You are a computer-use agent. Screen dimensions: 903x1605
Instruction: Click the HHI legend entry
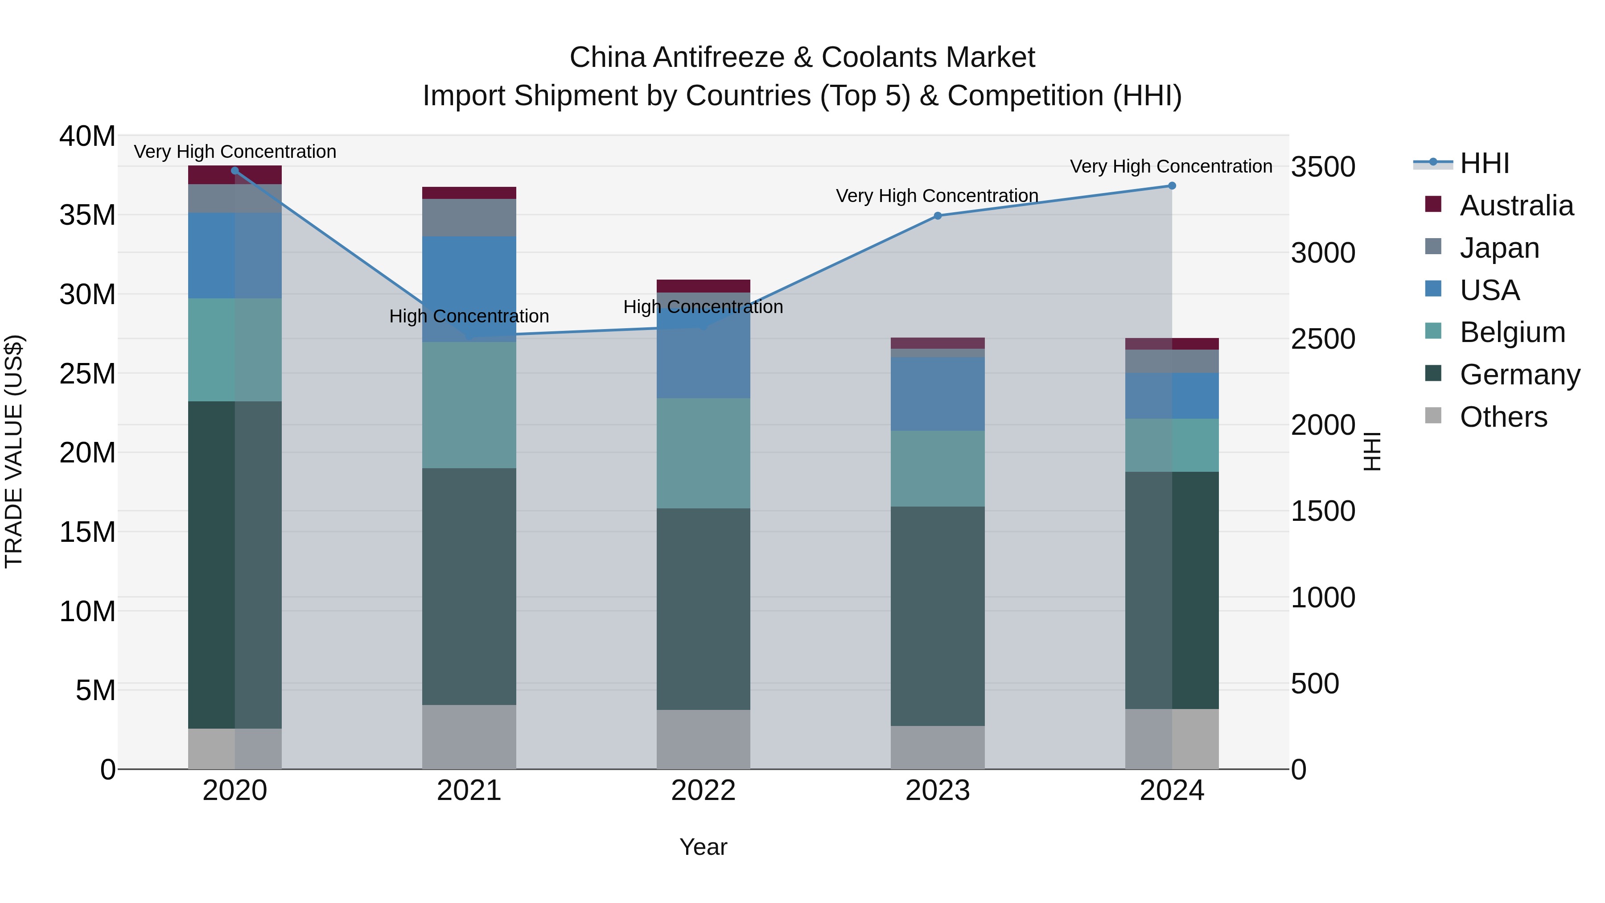pyautogui.click(x=1484, y=163)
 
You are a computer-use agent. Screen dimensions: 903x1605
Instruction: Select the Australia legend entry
pyautogui.click(x=1516, y=206)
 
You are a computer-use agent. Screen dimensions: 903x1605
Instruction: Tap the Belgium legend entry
pyautogui.click(x=1512, y=332)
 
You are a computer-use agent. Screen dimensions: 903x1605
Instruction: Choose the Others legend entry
pyautogui.click(x=1503, y=417)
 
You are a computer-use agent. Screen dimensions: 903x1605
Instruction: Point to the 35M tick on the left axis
pyautogui.click(x=87, y=215)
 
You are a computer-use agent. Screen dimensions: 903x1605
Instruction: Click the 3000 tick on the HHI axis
pyautogui.click(x=1323, y=253)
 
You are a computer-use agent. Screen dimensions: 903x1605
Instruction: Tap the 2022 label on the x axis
pyautogui.click(x=703, y=791)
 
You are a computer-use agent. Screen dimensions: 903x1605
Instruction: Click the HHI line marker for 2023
pyautogui.click(x=938, y=216)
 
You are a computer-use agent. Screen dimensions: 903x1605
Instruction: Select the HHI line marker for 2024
pyautogui.click(x=1171, y=186)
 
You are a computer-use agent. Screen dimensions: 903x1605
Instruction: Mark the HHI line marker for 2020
pyautogui.click(x=235, y=171)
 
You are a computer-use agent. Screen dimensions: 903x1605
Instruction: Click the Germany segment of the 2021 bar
pyautogui.click(x=469, y=586)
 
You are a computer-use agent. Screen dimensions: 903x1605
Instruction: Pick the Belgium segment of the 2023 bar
pyautogui.click(x=938, y=469)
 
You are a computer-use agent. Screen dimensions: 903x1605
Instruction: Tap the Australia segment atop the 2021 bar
pyautogui.click(x=469, y=193)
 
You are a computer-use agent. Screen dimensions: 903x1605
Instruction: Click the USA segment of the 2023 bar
pyautogui.click(x=938, y=394)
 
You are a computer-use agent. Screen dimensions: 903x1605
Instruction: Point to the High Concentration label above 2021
pyautogui.click(x=469, y=316)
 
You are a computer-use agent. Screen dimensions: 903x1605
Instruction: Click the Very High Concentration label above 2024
pyautogui.click(x=1171, y=166)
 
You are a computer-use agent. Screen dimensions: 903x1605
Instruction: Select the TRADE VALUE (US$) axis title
pyautogui.click(x=14, y=451)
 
